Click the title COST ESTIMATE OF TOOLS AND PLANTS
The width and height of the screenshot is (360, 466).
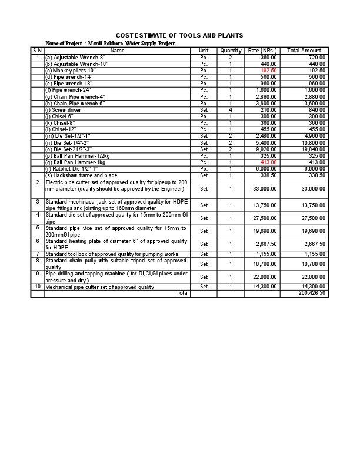point(179,36)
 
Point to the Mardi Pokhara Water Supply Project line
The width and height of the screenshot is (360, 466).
point(110,44)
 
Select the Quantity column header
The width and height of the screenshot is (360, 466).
point(231,51)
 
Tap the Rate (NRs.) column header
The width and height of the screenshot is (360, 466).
point(262,51)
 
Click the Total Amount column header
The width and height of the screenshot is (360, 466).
point(304,51)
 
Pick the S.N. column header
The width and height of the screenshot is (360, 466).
point(38,51)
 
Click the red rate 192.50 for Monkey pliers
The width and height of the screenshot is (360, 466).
point(269,71)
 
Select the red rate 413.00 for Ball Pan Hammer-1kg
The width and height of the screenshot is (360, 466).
point(269,162)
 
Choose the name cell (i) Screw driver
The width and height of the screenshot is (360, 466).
point(64,110)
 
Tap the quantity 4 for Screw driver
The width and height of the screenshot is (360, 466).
point(231,110)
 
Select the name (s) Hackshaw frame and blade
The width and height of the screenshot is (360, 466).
point(81,175)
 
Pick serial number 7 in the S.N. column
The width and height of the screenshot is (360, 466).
point(38,254)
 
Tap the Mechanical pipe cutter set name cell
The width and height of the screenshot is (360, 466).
point(99,287)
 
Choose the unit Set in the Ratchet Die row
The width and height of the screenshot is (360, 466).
point(204,169)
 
